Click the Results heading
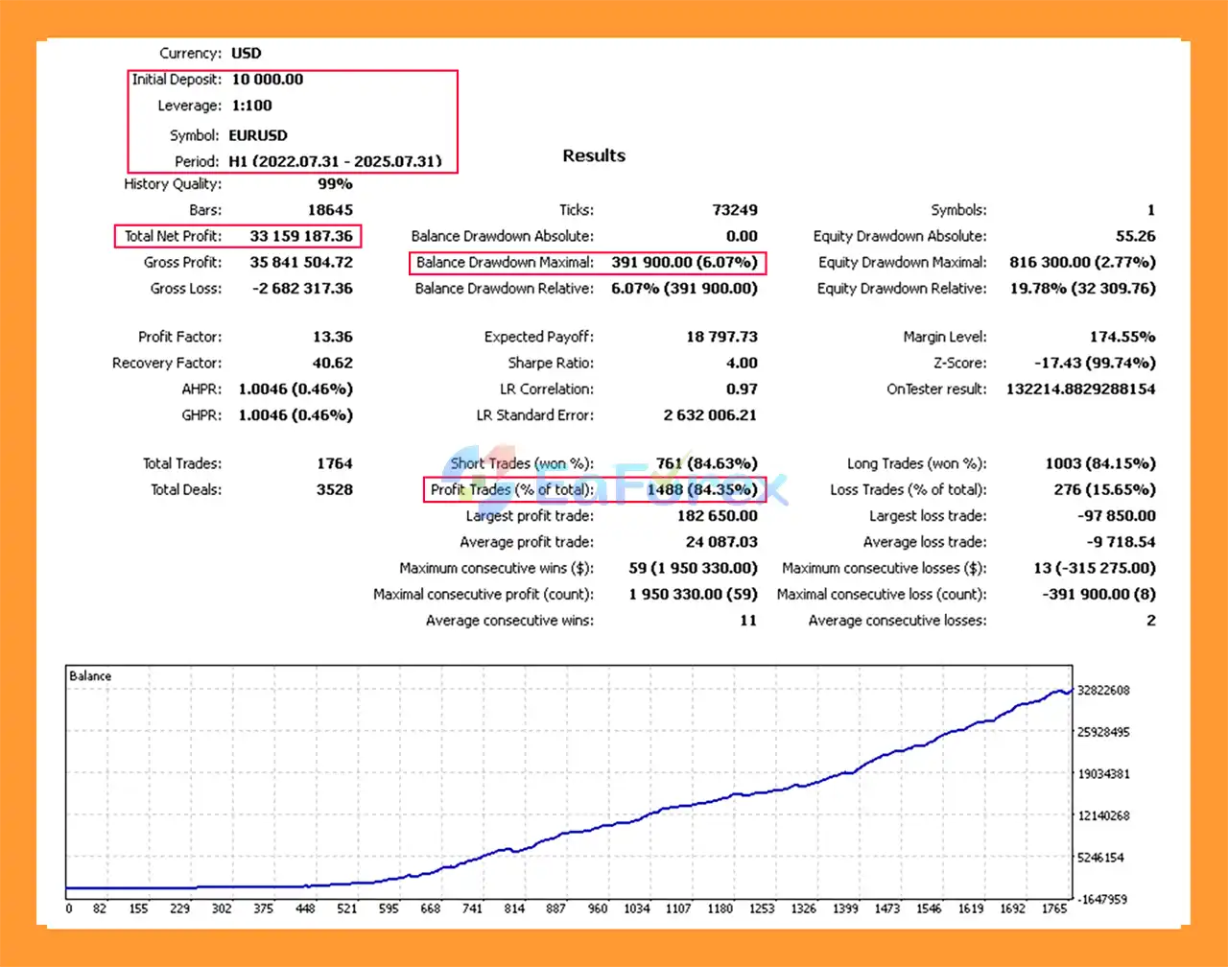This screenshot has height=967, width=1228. click(594, 155)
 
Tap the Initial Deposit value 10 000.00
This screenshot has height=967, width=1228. click(268, 80)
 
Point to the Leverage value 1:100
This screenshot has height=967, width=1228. click(252, 106)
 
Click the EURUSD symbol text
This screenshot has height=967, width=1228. click(258, 135)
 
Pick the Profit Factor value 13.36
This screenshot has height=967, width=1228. click(332, 337)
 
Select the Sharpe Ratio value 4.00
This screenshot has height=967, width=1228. click(742, 363)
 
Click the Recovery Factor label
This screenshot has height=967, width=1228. click(167, 363)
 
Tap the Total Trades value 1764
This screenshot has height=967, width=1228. click(335, 463)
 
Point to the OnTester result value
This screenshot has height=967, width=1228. click(1080, 389)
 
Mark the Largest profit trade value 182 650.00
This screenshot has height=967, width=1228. click(717, 515)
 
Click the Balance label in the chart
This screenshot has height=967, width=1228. click(90, 676)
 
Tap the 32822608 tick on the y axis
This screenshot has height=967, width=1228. click(1103, 690)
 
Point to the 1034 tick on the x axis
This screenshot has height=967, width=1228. click(636, 908)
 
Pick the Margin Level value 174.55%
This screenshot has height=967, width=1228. click(1122, 337)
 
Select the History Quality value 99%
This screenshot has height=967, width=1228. click(335, 184)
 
